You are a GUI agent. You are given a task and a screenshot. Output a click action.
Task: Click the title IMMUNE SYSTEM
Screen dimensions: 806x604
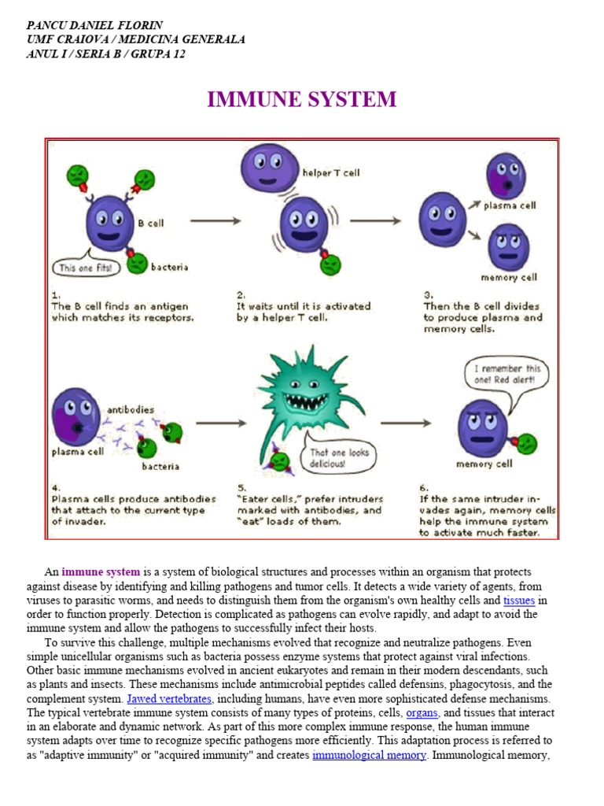[302, 100]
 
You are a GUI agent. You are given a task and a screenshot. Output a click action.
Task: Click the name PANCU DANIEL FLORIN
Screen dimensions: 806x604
[94, 25]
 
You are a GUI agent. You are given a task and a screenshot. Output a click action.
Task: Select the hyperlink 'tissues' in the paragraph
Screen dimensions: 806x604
[519, 600]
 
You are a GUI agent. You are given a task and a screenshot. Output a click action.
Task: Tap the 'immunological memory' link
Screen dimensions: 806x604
[369, 755]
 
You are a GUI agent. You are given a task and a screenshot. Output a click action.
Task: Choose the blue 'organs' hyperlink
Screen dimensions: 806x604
[422, 712]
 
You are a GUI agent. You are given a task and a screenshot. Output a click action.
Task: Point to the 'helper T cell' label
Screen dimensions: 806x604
[330, 172]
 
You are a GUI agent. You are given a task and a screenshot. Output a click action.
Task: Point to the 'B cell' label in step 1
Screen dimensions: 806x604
[151, 223]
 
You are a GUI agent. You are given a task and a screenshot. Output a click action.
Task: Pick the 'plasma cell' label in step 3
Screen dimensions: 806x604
[510, 205]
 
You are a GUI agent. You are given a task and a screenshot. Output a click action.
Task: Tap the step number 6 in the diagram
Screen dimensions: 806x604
[423, 486]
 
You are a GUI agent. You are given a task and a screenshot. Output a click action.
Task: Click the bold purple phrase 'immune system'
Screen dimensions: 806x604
[101, 571]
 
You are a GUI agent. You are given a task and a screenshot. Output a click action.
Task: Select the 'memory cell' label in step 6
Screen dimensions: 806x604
[484, 464]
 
